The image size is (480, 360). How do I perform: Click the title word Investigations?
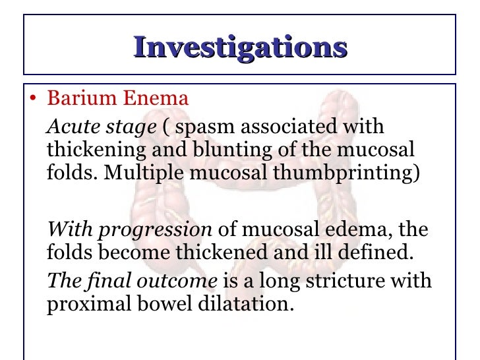click(240, 47)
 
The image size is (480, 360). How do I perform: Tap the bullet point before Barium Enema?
click(32, 100)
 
